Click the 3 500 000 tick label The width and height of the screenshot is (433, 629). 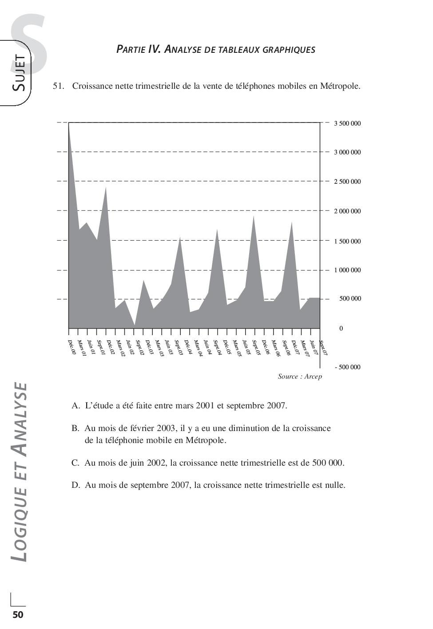(347, 123)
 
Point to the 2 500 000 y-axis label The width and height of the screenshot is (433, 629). (347, 182)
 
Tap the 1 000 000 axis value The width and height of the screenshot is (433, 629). (347, 270)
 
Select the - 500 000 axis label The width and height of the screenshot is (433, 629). (347, 367)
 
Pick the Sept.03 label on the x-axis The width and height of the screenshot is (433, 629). (179, 348)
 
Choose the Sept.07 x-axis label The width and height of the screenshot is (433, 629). (323, 347)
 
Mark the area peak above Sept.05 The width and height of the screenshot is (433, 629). (254, 216)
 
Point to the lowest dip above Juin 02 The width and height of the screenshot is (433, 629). (134, 325)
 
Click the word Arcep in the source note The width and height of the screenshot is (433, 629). (313, 376)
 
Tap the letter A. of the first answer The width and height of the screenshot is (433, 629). (75, 405)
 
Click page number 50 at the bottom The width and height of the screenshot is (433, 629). (18, 614)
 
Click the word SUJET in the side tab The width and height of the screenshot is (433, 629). (20, 73)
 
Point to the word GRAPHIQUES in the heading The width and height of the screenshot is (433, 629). (289, 49)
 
